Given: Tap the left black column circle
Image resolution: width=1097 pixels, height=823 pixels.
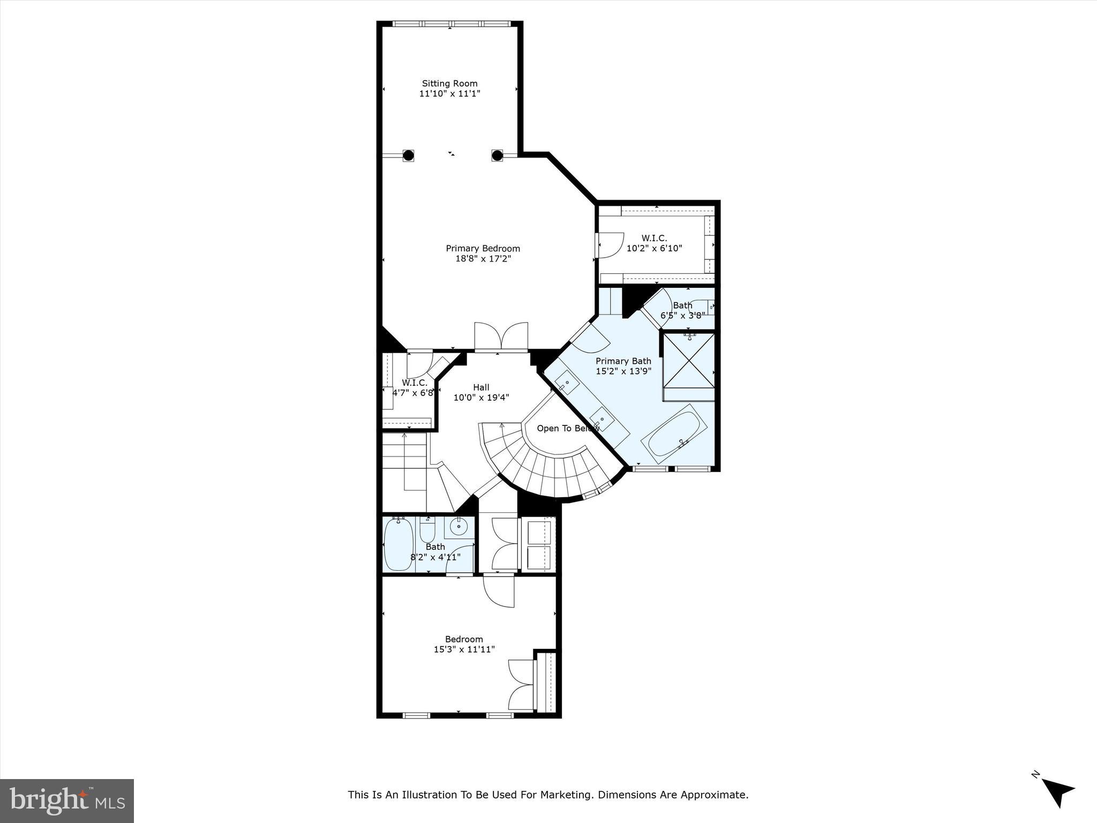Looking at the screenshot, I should tap(408, 155).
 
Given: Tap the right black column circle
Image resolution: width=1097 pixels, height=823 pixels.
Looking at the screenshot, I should tap(497, 155).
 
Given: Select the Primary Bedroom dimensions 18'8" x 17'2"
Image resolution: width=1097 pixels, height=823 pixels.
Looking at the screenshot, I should tap(483, 259).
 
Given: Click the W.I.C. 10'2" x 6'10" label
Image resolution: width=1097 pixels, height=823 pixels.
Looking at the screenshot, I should tap(654, 243).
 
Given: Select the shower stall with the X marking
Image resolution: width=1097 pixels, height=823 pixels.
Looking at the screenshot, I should tap(689, 361).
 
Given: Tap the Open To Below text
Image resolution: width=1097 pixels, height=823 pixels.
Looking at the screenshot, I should tap(568, 428).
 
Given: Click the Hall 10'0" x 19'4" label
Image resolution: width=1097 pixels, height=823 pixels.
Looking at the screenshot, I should tap(481, 392).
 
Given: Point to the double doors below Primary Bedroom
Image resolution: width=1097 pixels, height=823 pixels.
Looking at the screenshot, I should tap(501, 336).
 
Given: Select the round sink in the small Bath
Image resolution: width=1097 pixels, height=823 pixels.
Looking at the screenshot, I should tap(459, 527).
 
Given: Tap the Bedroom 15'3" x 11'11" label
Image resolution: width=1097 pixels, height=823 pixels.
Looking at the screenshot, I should tap(464, 644).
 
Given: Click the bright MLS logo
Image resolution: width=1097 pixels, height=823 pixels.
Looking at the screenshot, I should tap(67, 800).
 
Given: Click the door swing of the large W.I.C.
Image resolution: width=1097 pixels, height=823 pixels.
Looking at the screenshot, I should tap(611, 244).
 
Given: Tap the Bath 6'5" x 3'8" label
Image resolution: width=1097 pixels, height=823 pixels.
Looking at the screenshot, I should tap(682, 310).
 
